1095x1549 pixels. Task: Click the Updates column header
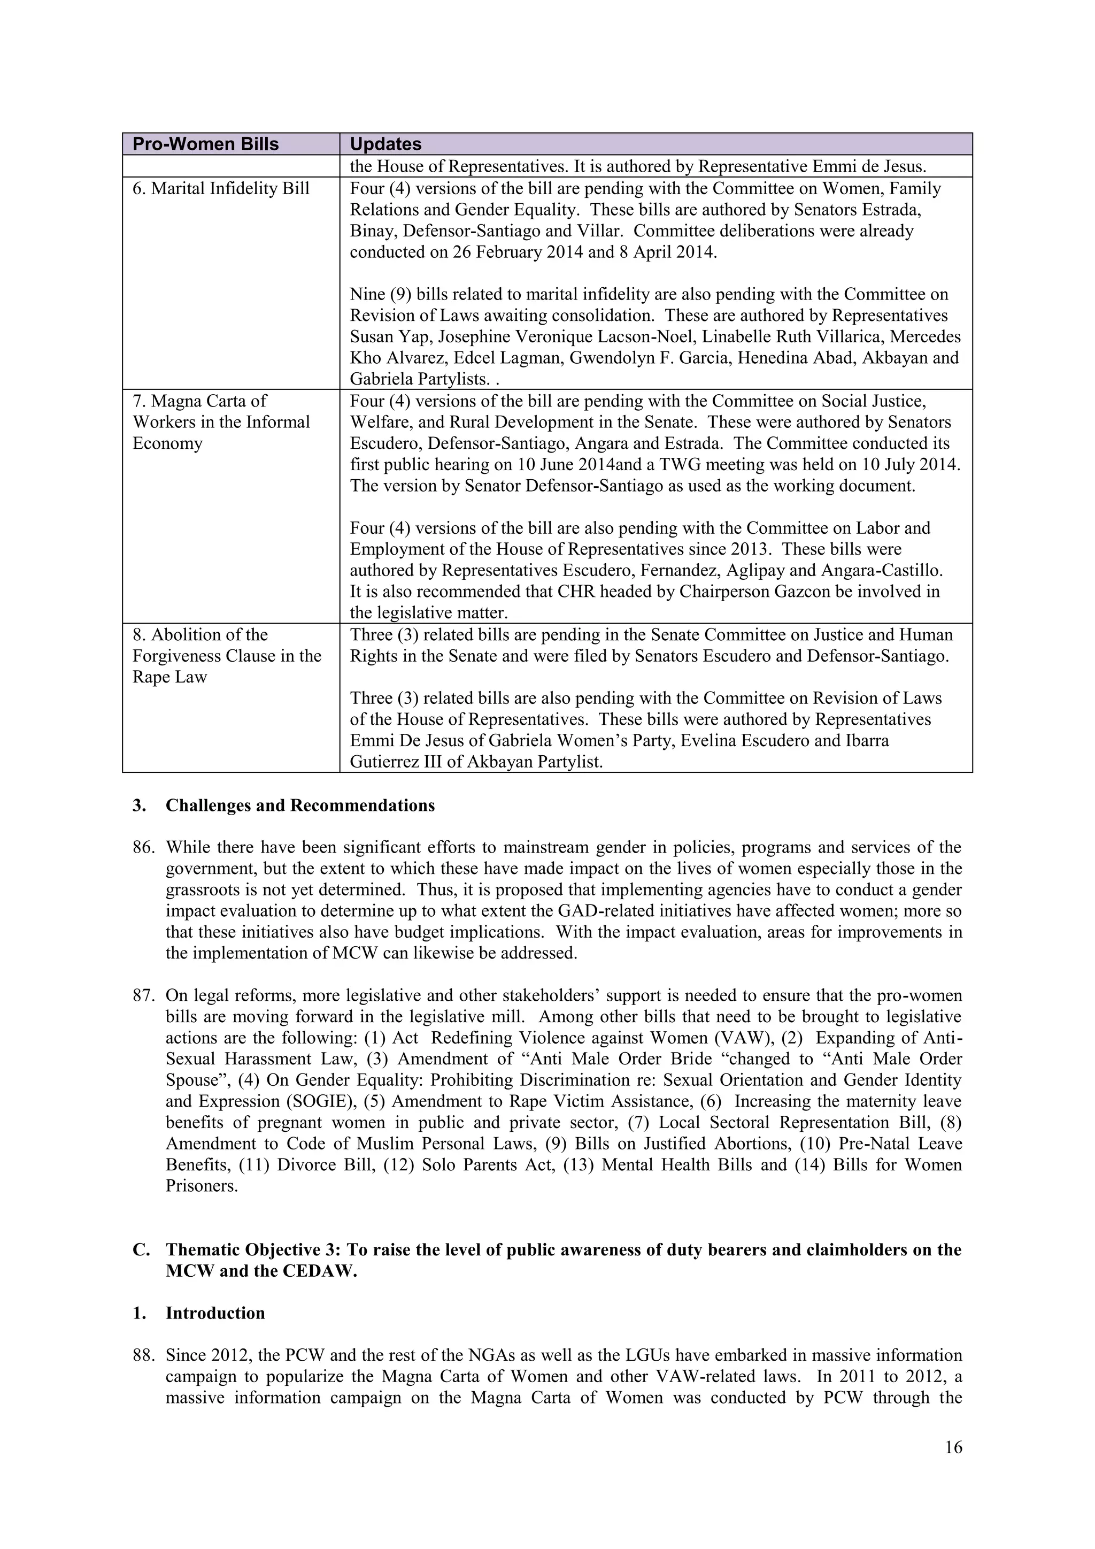(385, 144)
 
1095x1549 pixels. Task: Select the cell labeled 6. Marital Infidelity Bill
(220, 188)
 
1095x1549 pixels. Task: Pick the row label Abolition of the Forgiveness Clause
(227, 655)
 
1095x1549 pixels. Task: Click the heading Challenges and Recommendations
(300, 806)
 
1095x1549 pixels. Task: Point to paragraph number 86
(144, 847)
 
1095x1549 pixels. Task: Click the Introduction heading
(215, 1313)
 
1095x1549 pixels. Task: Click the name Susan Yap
(382, 336)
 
